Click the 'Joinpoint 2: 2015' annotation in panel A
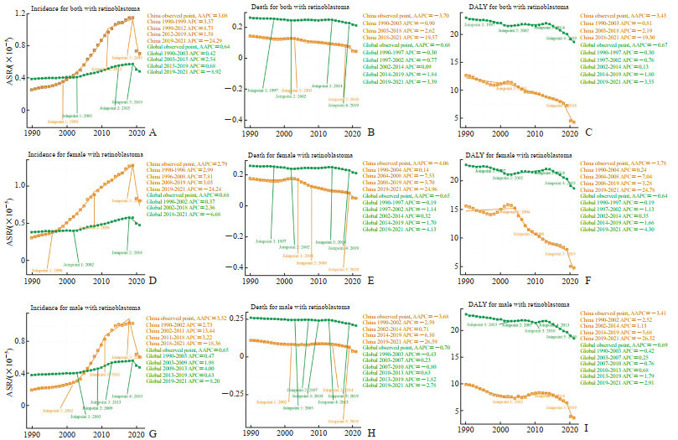click(x=116, y=108)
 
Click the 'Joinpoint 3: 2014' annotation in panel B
click(x=327, y=86)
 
